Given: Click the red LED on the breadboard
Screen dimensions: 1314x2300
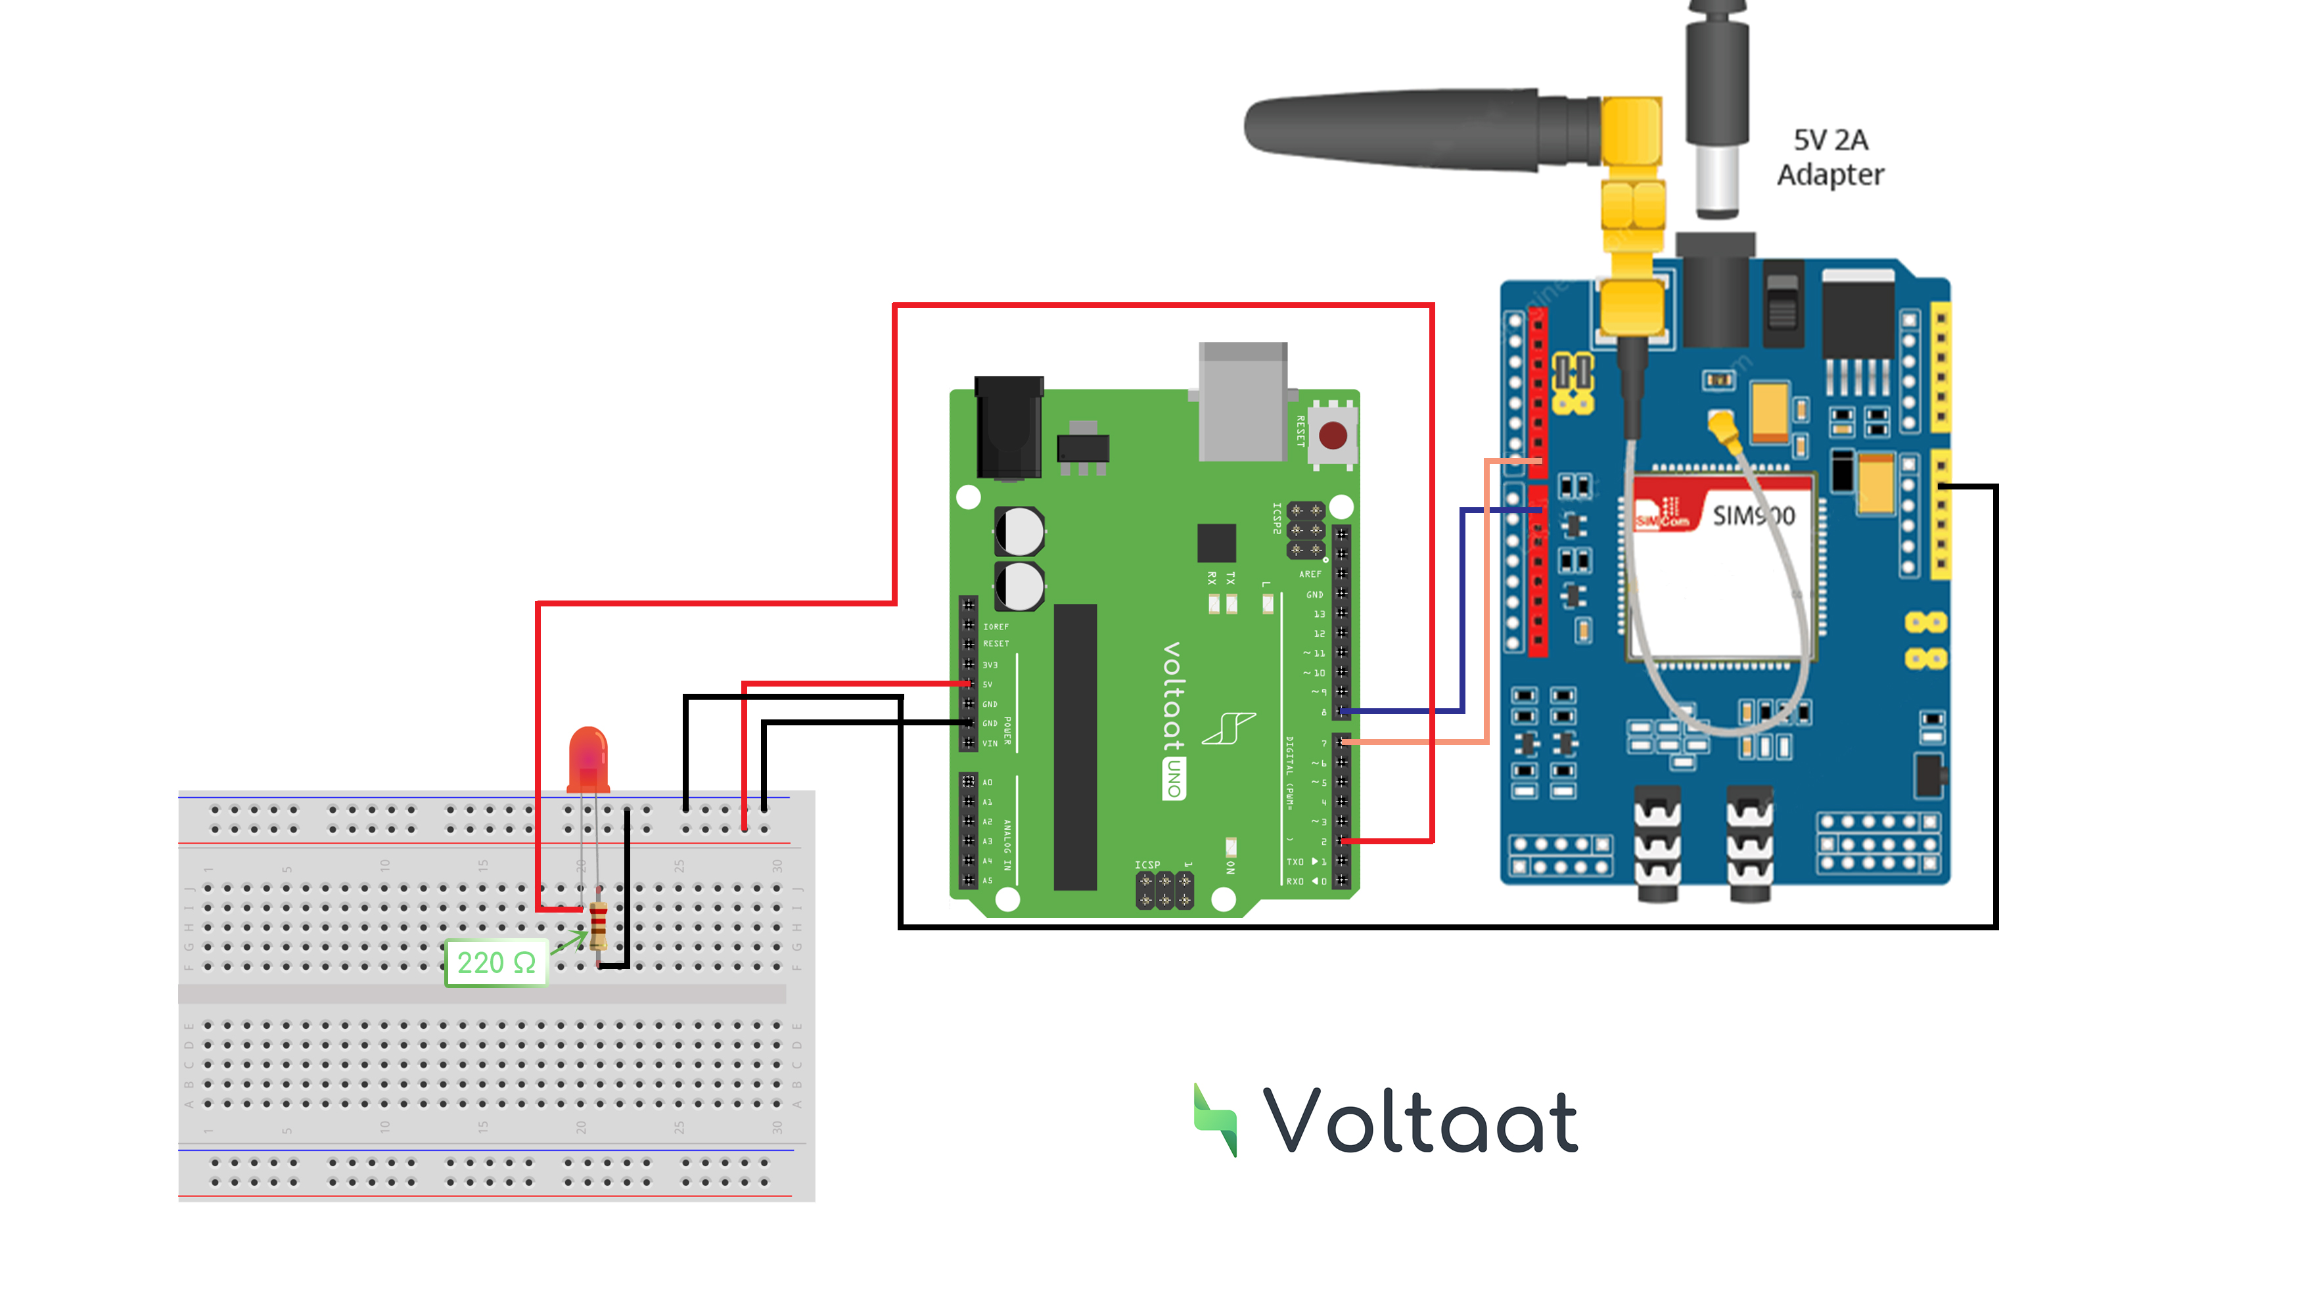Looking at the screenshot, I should click(x=587, y=758).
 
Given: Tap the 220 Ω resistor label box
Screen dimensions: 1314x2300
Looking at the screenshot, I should click(x=496, y=963).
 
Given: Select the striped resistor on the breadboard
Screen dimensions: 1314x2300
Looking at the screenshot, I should click(x=597, y=925).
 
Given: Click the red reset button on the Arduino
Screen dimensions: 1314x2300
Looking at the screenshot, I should click(x=1333, y=436).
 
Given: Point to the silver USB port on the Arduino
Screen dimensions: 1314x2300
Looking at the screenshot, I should click(x=1243, y=401).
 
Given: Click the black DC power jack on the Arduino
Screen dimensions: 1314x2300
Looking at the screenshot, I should click(x=1008, y=428).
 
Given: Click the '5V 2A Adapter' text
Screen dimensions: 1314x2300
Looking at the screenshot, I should click(x=1829, y=157).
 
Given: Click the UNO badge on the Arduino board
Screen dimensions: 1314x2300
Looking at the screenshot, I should click(x=1174, y=779).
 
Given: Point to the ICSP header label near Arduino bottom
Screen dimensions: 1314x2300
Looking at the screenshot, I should click(x=1147, y=865).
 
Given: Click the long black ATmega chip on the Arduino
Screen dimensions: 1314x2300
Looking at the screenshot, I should click(x=1075, y=746).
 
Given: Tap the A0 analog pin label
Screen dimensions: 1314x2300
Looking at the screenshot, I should click(x=988, y=782).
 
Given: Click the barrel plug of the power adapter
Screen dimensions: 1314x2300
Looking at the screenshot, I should click(x=1717, y=108).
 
